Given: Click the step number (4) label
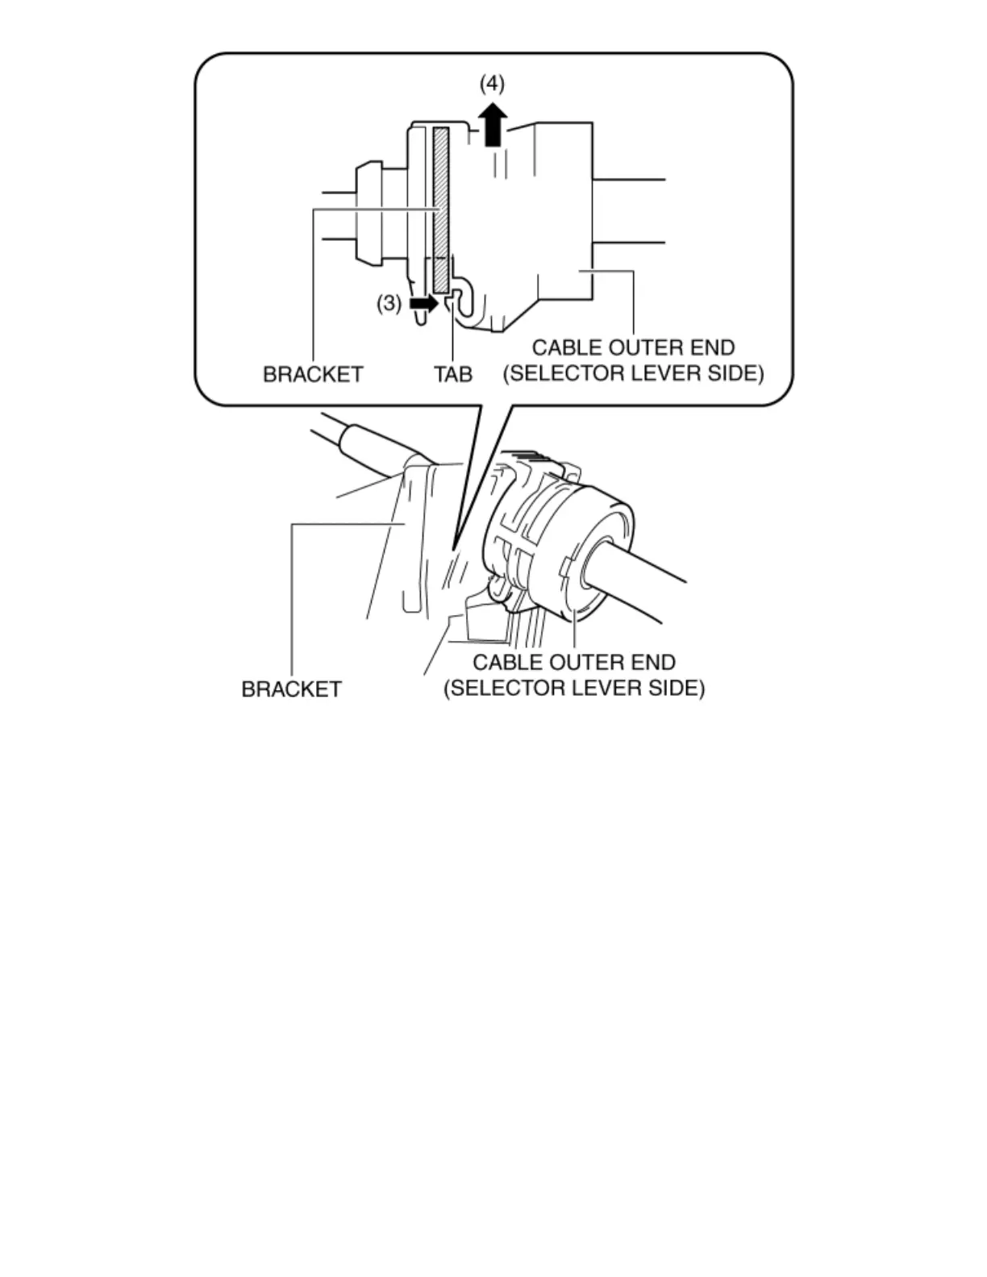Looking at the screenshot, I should (x=492, y=84).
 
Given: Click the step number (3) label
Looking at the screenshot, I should (x=389, y=303).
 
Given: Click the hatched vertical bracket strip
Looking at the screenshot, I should (x=440, y=210).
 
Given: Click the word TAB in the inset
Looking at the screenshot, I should (x=453, y=374).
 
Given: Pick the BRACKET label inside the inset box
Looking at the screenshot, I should (x=313, y=374).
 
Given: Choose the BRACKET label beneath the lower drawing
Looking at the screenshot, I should (x=291, y=689).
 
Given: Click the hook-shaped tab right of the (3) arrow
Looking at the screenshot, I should (x=460, y=298).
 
